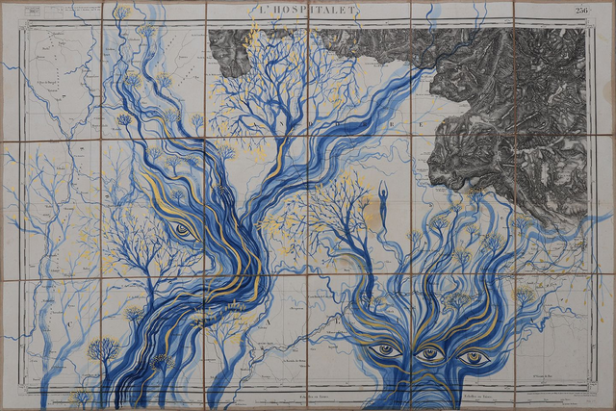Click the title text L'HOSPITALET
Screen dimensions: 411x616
308,10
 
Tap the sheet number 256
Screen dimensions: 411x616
582,10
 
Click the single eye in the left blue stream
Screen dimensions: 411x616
183,229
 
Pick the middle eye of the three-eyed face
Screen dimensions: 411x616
429,353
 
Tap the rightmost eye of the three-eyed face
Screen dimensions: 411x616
473,357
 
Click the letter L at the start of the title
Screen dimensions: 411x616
263,10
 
